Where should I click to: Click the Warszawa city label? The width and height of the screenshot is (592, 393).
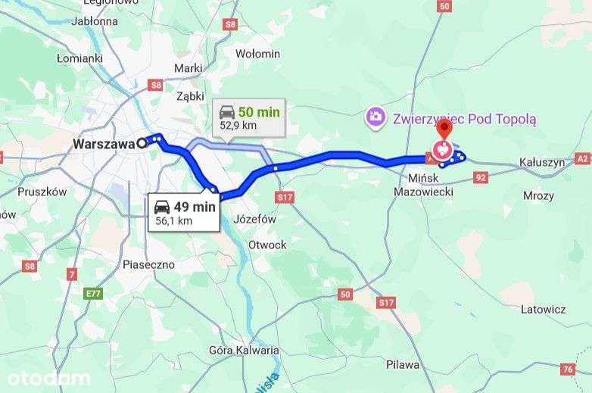(x=103, y=143)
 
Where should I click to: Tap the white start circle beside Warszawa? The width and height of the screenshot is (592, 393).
(x=142, y=143)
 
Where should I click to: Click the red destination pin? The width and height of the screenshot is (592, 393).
(x=443, y=131)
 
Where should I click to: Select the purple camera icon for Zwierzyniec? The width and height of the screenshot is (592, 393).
(x=374, y=117)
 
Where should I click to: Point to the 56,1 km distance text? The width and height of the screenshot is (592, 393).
(x=174, y=220)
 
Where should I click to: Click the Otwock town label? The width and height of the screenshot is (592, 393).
(x=267, y=245)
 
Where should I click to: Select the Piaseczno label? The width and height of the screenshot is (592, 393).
(x=148, y=264)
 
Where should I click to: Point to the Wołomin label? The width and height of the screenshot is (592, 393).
(x=257, y=54)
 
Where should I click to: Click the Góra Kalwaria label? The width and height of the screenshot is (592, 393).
(x=244, y=350)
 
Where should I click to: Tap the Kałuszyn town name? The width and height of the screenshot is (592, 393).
(x=542, y=162)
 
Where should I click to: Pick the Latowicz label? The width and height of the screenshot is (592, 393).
(x=543, y=309)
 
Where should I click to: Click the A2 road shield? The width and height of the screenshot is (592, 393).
(x=582, y=158)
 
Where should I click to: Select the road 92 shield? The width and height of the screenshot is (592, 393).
(x=481, y=177)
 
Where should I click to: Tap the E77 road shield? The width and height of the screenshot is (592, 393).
(x=93, y=293)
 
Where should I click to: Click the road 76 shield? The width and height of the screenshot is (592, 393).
(x=568, y=369)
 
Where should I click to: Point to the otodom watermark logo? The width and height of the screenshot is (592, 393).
(x=48, y=378)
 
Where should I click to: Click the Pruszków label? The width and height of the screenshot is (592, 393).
(x=42, y=192)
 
